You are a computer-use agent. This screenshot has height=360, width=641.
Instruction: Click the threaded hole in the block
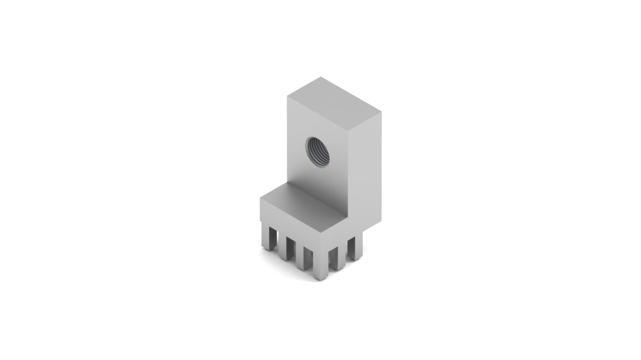tap(317, 152)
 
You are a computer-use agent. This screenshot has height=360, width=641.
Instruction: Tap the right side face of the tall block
tap(365, 171)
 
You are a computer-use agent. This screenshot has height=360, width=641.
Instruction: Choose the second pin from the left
tap(286, 248)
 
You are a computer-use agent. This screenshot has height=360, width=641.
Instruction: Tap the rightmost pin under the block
tap(355, 248)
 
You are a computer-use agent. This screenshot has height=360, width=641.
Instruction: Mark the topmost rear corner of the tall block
tap(320, 77)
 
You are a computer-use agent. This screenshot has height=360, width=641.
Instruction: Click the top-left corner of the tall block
tap(288, 96)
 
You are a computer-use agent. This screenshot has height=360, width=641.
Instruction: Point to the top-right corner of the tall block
tap(381, 111)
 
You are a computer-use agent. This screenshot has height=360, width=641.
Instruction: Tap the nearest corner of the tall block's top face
tap(348, 131)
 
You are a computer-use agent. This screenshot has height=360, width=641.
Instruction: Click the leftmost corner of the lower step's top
tap(260, 198)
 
